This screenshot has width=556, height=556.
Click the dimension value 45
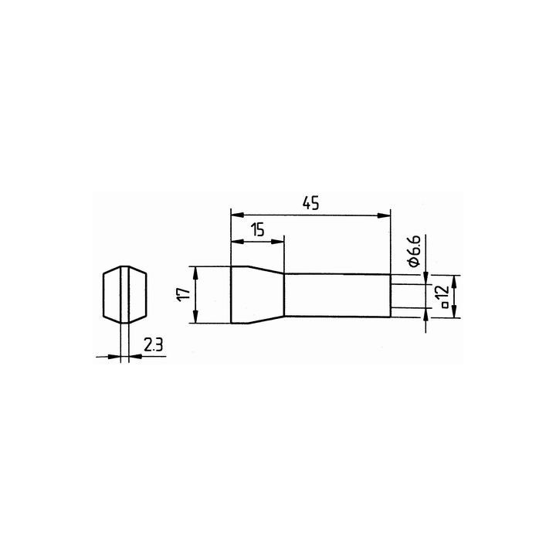(x=310, y=204)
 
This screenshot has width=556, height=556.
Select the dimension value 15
(x=258, y=230)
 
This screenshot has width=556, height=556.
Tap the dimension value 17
(x=185, y=294)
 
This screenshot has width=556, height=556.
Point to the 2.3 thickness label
(x=153, y=344)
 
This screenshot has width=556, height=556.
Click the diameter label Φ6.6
(x=414, y=250)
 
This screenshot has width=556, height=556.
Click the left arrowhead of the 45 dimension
(x=238, y=215)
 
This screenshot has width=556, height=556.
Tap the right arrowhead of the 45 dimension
(x=384, y=215)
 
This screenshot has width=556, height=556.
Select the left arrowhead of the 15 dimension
(x=238, y=242)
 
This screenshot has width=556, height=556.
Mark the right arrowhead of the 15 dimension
(x=278, y=242)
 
